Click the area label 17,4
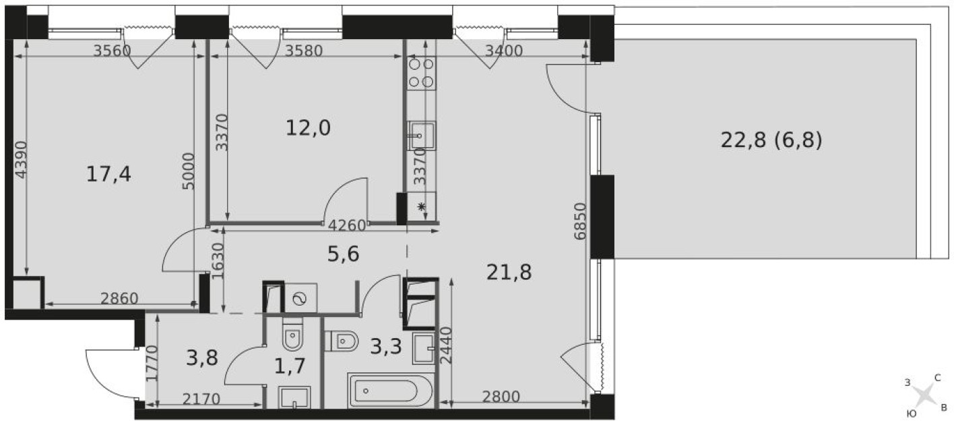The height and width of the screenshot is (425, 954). [108, 175]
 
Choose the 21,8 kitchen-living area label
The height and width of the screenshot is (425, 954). [509, 273]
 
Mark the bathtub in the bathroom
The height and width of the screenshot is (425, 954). [393, 391]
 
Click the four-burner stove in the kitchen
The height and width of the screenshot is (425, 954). [421, 73]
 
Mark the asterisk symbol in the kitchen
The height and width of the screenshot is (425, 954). [422, 207]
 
